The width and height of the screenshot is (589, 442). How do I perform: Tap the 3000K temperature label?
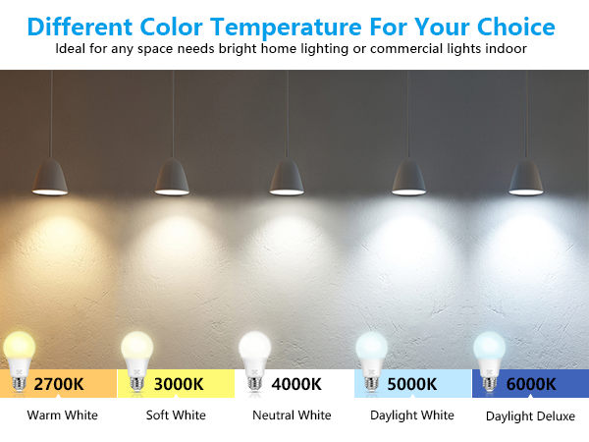tap(178, 383)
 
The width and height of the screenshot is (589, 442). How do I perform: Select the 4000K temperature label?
tap(295, 383)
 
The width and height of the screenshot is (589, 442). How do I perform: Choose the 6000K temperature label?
tap(531, 383)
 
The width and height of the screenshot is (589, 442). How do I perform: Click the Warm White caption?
tap(62, 415)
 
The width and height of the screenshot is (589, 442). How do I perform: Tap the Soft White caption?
tap(176, 415)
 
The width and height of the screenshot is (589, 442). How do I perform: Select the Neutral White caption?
tap(292, 415)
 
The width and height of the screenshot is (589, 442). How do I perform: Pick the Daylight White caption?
tap(412, 415)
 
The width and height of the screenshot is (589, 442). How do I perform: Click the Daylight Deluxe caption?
tap(530, 416)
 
